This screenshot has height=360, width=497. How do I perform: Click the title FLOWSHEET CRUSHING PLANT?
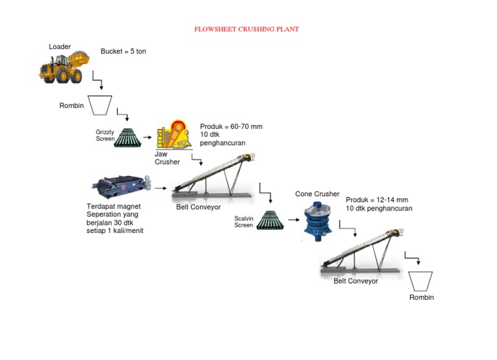coord(247,29)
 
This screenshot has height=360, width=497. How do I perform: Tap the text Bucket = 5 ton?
coord(124,51)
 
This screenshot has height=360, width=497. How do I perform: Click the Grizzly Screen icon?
coord(129,137)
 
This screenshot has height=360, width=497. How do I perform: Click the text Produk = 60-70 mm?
coord(231,126)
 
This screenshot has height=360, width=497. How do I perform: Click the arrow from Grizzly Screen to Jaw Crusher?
coord(148,137)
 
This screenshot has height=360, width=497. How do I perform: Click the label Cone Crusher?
coord(317,194)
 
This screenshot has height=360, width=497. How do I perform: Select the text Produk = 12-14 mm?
coord(378,200)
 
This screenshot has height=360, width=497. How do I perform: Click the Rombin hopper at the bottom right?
coord(422,281)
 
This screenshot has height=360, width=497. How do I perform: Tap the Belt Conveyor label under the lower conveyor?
coord(355,281)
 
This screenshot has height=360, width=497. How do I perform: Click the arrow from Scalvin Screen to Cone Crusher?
coord(293,220)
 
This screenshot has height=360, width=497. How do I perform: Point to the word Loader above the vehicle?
coord(60,47)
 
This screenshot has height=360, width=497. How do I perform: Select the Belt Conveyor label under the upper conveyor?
coord(198,207)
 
